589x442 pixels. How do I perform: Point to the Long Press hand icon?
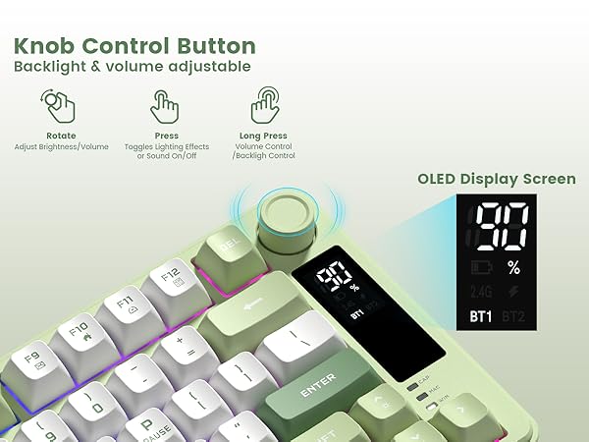point(266,104)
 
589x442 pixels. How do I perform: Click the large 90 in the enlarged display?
point(502,227)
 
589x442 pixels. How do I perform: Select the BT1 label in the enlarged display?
point(481,316)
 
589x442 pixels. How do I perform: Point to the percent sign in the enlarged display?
point(514,267)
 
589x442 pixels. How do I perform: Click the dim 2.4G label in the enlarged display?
point(481,291)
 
